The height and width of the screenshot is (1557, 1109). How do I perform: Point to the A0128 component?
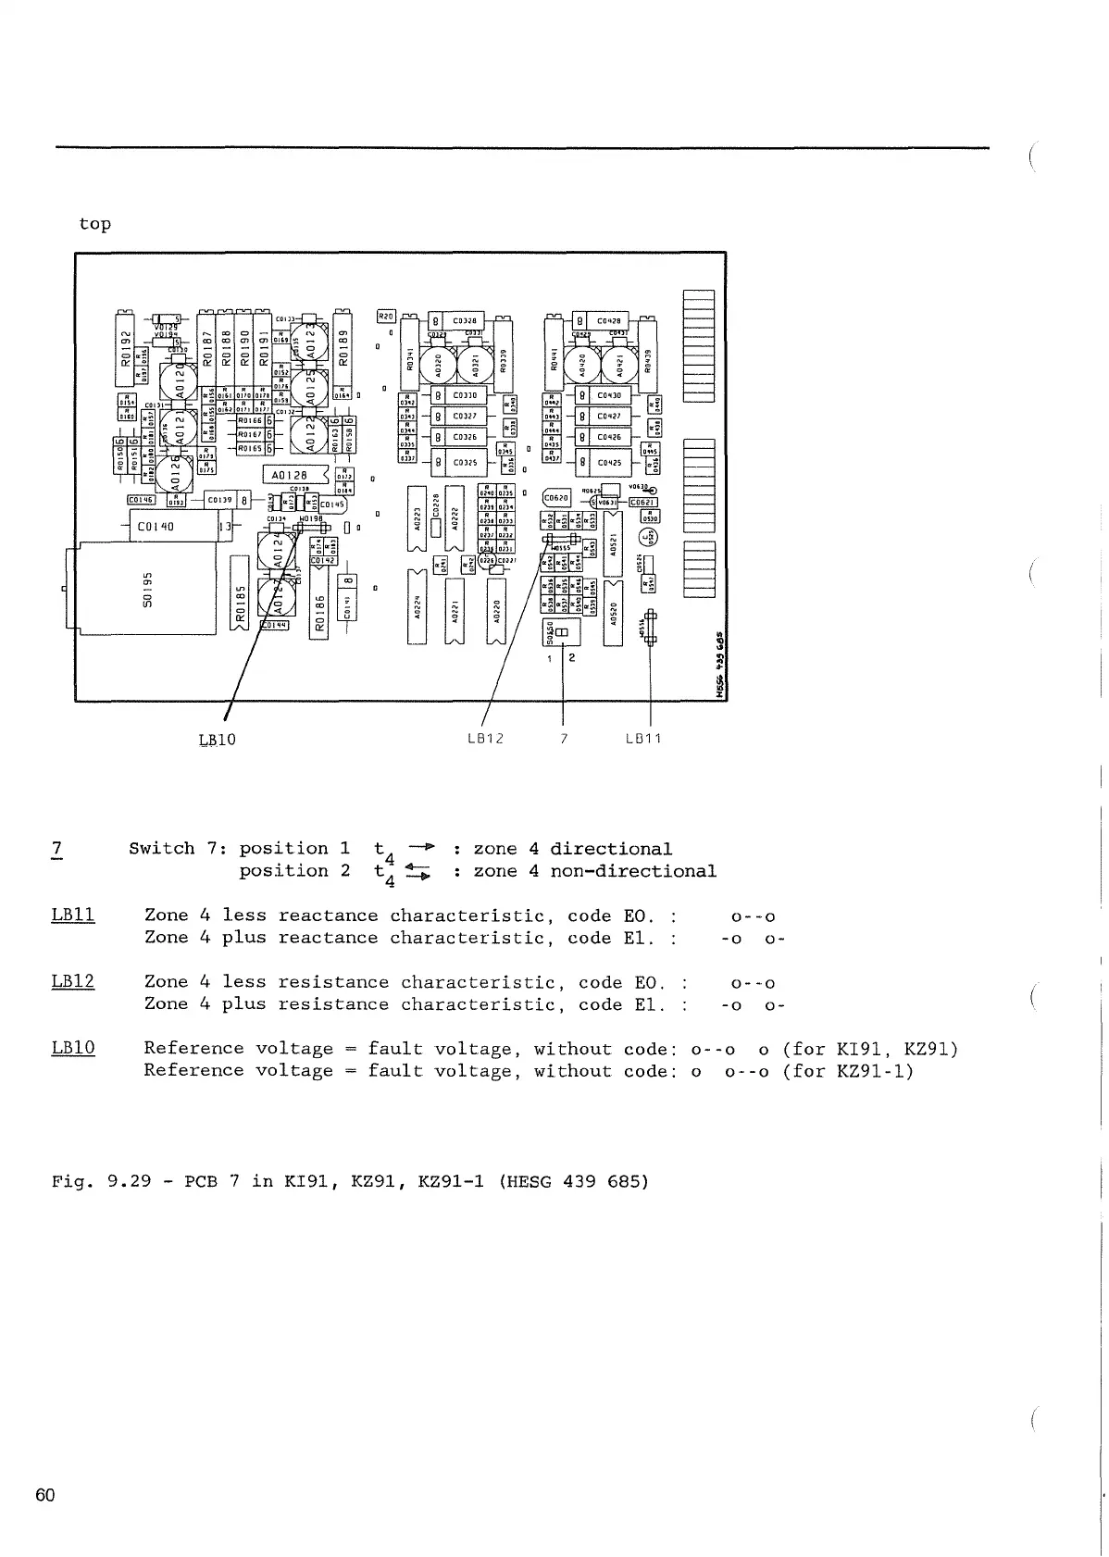294,475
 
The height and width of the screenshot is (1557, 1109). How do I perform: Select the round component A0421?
621,366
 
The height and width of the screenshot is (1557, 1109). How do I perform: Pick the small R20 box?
387,317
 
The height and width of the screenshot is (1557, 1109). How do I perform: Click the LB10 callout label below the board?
218,740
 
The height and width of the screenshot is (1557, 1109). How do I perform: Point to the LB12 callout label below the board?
485,739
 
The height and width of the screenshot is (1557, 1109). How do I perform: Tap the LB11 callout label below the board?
643,739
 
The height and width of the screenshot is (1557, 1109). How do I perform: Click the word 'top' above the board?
94,224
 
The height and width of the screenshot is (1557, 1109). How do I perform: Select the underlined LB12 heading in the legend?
73,982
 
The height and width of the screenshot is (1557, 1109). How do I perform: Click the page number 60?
45,1495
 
